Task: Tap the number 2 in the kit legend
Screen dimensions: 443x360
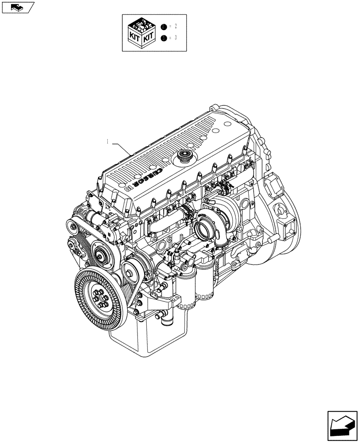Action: point(176,27)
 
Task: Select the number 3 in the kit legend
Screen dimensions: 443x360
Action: point(176,38)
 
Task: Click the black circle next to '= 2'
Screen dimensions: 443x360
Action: point(164,27)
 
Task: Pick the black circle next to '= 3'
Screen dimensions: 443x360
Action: point(164,38)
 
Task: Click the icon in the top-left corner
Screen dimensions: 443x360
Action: point(17,7)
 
